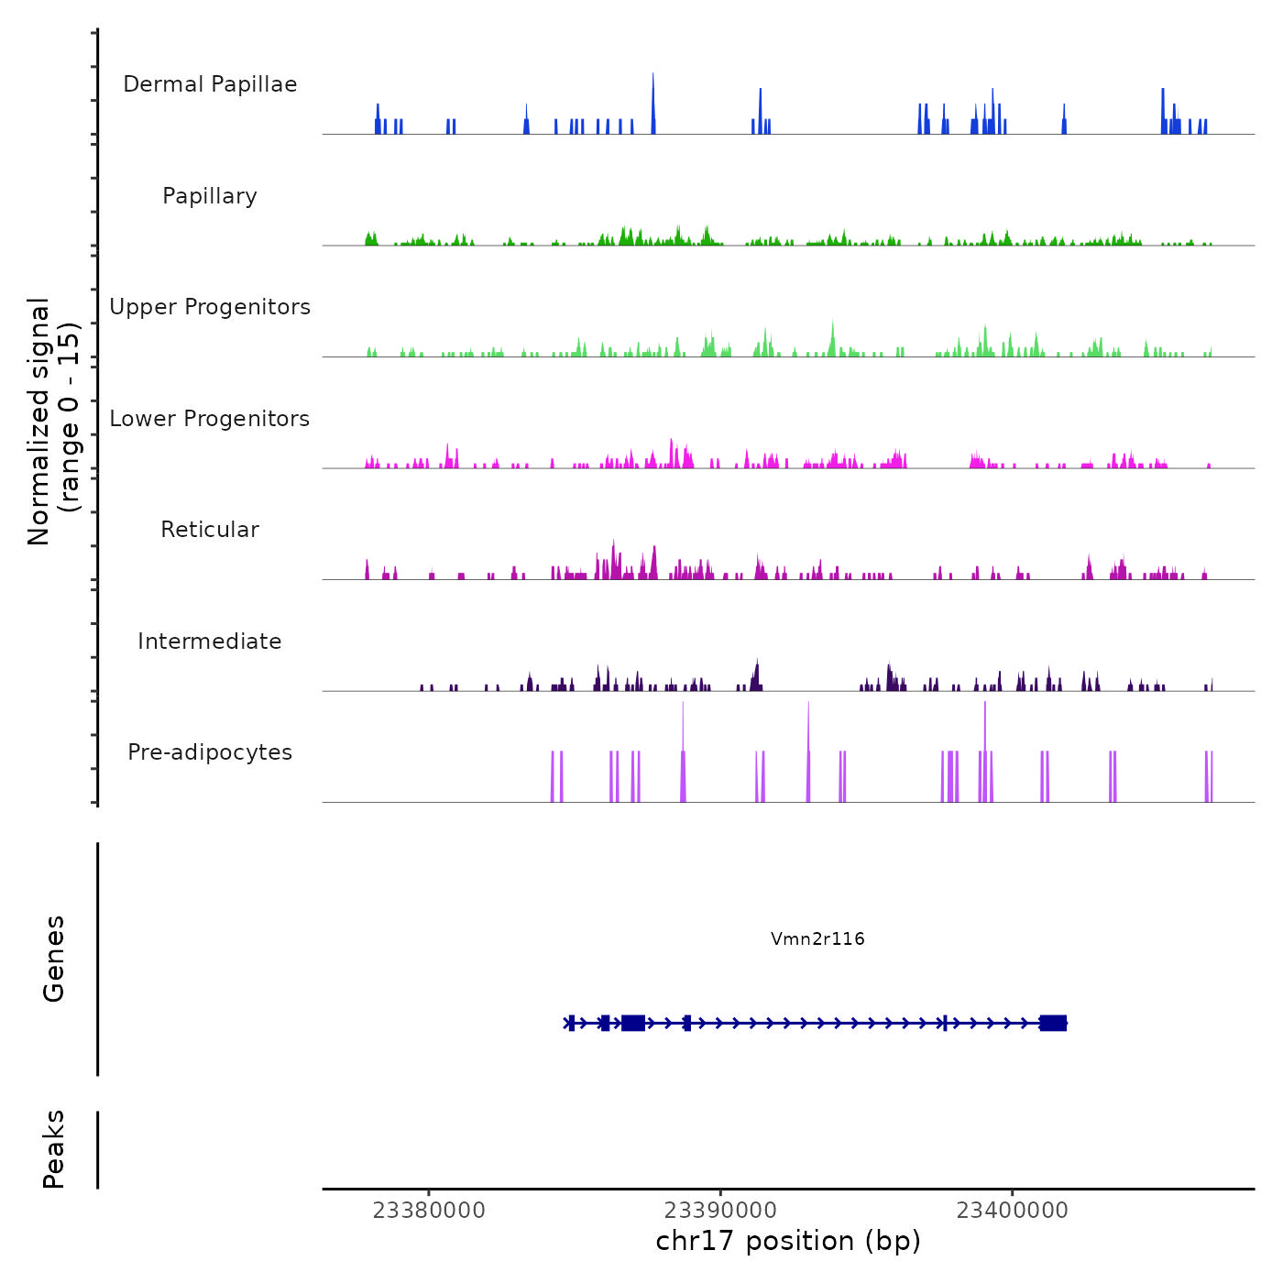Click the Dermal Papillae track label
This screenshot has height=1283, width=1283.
click(x=210, y=84)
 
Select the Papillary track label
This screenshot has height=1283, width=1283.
click(x=210, y=196)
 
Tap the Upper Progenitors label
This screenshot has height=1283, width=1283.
click(x=210, y=307)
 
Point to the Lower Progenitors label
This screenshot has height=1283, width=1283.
click(x=210, y=419)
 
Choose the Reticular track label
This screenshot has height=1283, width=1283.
click(x=210, y=530)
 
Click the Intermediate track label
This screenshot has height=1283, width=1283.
click(x=210, y=641)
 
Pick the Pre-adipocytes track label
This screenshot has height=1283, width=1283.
click(x=210, y=752)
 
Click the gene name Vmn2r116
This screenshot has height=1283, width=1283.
click(x=817, y=938)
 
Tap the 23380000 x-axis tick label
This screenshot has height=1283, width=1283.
click(x=429, y=1211)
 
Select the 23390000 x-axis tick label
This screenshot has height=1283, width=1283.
click(x=720, y=1211)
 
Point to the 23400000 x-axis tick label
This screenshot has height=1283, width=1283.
click(x=1012, y=1211)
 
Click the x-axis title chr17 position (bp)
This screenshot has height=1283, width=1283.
click(x=788, y=1241)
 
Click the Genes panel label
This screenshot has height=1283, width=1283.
click(x=54, y=959)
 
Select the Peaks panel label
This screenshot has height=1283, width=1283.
click(x=54, y=1149)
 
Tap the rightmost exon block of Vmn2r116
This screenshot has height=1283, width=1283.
click(x=1053, y=1023)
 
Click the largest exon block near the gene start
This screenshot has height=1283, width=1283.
click(x=633, y=1023)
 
